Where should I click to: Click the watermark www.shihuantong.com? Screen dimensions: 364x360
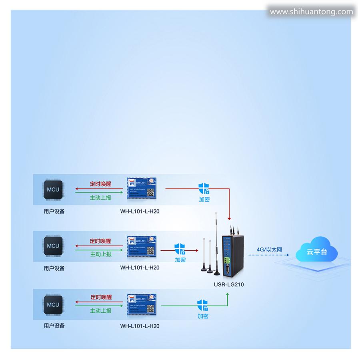click(x=311, y=12)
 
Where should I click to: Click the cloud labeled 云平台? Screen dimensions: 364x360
click(x=316, y=251)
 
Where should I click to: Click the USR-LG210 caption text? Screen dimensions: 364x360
click(x=229, y=285)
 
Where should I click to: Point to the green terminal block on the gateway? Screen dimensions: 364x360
click(x=227, y=261)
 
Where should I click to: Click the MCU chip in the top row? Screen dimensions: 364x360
click(x=53, y=189)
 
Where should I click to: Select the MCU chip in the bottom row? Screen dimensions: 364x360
click(x=53, y=305)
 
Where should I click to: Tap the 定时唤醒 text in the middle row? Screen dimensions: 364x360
click(x=100, y=241)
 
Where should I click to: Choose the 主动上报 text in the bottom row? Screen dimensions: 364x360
click(x=100, y=310)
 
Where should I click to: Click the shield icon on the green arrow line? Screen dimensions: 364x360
click(x=203, y=305)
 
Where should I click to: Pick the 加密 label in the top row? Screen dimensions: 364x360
click(x=204, y=199)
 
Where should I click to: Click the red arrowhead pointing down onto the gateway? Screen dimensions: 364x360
click(x=229, y=218)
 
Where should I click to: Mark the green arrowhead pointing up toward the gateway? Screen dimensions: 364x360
click(x=228, y=294)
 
